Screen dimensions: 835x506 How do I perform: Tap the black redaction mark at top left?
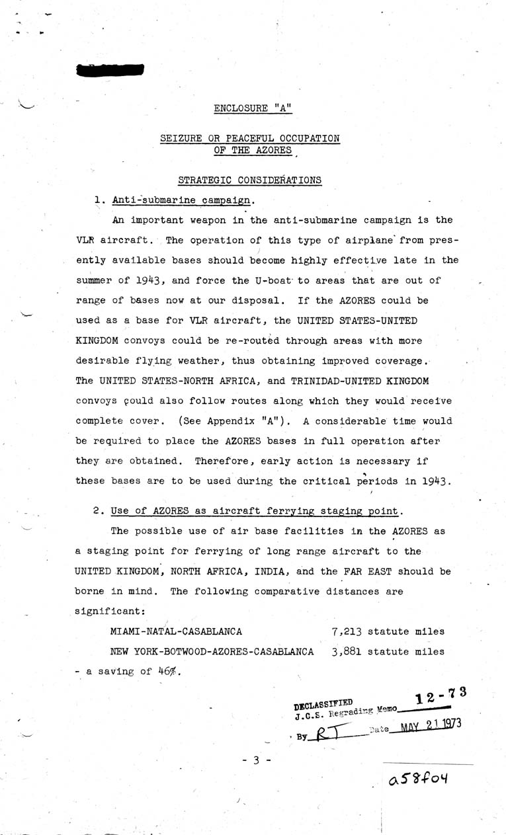click(x=110, y=69)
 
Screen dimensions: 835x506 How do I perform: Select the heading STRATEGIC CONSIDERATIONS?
click(x=250, y=180)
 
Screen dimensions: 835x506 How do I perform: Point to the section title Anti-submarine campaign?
click(x=182, y=200)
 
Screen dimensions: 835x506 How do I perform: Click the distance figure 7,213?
click(x=347, y=631)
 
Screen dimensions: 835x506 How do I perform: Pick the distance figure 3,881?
click(x=347, y=651)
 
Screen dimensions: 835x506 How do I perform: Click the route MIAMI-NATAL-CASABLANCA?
click(x=176, y=631)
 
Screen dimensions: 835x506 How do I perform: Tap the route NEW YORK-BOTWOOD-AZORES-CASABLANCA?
click(x=212, y=651)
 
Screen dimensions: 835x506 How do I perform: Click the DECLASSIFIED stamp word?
click(x=323, y=703)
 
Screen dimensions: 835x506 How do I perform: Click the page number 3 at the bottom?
click(x=255, y=760)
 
